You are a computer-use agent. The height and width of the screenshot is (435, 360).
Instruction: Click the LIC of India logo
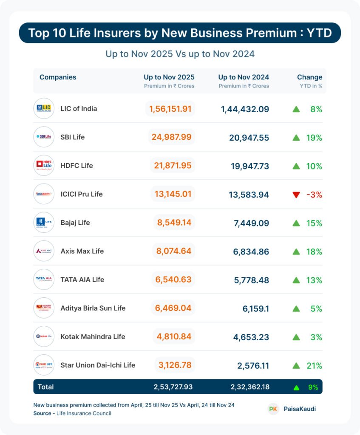tap(44, 109)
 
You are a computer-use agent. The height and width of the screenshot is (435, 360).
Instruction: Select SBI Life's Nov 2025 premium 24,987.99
tap(171, 137)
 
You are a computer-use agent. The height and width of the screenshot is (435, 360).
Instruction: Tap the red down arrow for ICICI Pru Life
tap(296, 195)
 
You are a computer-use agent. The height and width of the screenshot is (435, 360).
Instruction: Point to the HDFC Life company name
tap(77, 166)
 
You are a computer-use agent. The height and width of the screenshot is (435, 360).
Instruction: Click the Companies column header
tap(58, 77)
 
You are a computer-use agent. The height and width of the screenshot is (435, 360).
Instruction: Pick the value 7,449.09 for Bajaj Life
tap(251, 223)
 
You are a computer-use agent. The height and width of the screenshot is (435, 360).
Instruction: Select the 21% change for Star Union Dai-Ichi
tap(314, 366)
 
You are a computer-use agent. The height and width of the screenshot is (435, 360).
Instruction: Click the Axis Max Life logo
tap(44, 251)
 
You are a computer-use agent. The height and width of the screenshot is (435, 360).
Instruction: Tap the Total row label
tap(46, 387)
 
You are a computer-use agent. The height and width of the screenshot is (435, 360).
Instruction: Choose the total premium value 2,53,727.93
tap(173, 387)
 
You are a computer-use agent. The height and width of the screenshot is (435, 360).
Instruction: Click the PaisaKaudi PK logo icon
tap(273, 409)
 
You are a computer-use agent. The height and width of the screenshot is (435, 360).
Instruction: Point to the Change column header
tap(309, 77)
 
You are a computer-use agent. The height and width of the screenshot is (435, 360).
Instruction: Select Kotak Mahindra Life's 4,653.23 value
tap(251, 337)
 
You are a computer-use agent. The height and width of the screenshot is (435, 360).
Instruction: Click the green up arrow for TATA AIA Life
tap(296, 280)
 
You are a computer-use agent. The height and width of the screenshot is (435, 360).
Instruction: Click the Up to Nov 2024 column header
tap(244, 77)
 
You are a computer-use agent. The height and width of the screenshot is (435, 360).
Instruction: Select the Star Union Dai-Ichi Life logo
tap(44, 365)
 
